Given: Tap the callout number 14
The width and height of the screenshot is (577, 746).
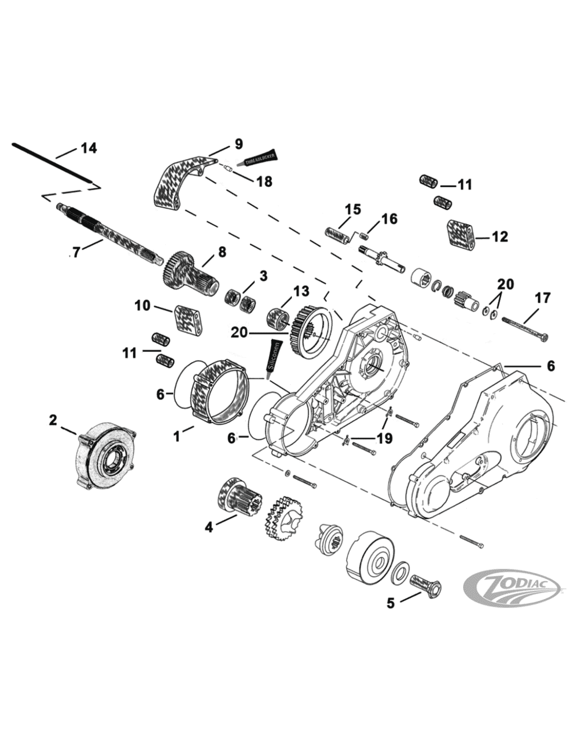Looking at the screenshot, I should point(88,148).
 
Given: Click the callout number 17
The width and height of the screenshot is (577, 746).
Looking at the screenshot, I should point(542,298).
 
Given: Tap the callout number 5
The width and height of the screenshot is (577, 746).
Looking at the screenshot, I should point(390,603).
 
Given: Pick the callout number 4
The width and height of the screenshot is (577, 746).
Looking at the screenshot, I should point(209,527).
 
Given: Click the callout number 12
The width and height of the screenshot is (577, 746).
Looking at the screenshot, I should point(500,237).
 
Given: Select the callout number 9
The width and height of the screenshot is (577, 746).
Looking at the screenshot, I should point(238,143).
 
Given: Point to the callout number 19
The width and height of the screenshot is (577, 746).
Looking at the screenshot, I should point(384,438).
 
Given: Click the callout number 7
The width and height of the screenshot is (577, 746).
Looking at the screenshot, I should point(77,253).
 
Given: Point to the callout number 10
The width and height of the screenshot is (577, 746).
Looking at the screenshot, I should point(143,305).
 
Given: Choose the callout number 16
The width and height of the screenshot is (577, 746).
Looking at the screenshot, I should point(389,218).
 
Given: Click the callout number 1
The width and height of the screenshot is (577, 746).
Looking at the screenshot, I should point(177,435).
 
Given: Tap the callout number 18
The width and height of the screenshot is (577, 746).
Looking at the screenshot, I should point(264,181).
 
